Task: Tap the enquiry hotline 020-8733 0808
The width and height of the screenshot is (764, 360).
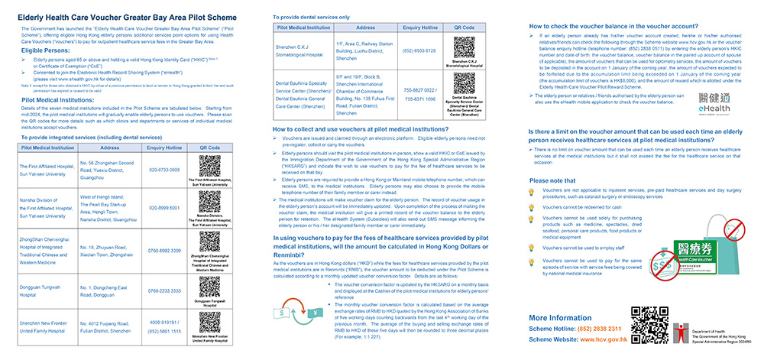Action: point(165,170)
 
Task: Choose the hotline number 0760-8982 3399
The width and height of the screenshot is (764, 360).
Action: point(165,250)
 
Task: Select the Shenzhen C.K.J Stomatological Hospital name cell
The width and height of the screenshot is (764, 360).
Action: point(305,51)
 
